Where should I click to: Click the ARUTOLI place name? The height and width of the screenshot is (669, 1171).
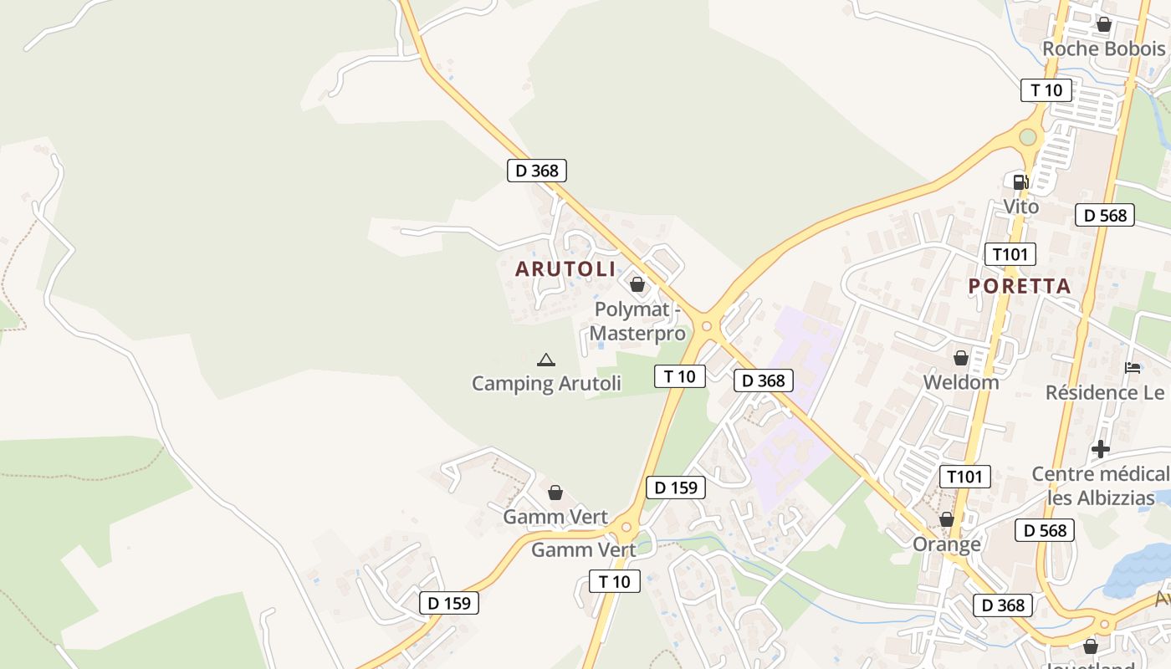(x=565, y=269)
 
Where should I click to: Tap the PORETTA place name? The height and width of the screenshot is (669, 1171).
(x=1020, y=286)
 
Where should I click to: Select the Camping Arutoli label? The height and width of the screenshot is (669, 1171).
(x=546, y=384)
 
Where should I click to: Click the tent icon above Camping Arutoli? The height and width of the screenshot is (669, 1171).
(x=546, y=360)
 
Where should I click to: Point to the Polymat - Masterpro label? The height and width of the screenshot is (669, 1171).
(x=637, y=321)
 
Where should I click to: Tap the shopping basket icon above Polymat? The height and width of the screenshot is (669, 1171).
(x=637, y=285)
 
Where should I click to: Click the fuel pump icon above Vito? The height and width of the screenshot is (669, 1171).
(x=1020, y=182)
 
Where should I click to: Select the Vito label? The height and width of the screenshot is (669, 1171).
(x=1020, y=207)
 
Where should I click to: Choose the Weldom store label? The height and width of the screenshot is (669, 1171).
(x=961, y=382)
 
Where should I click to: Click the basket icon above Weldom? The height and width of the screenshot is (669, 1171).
(x=961, y=358)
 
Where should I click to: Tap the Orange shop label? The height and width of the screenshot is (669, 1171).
(x=947, y=544)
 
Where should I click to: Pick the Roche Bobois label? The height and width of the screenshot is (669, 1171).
(x=1103, y=49)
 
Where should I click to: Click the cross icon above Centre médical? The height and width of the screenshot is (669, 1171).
(x=1101, y=449)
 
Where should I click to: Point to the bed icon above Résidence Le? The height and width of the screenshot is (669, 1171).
(x=1133, y=367)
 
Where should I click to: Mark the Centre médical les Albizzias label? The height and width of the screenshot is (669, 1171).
(x=1101, y=486)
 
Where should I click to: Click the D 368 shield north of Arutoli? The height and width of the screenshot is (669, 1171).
(x=537, y=171)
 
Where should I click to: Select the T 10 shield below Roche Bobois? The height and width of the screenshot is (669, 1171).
(x=1046, y=90)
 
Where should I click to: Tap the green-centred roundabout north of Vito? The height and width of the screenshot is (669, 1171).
(x=1028, y=137)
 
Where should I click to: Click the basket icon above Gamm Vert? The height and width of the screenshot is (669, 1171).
(x=555, y=493)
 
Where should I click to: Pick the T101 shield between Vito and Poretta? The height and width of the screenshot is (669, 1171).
(x=1010, y=254)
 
